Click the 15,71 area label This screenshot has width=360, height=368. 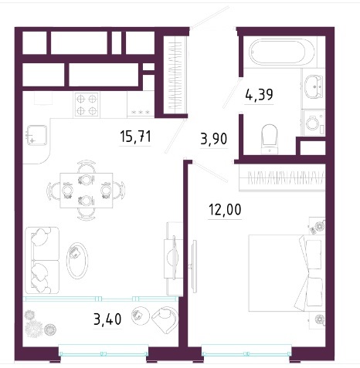(135, 137)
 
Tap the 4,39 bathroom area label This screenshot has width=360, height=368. (259, 95)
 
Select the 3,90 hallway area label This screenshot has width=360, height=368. (214, 139)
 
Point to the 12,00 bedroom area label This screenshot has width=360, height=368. (225, 209)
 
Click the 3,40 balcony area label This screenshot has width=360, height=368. (107, 319)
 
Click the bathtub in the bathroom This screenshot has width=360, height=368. (281, 51)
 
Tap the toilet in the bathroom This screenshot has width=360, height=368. (270, 139)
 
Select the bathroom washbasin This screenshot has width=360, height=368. (314, 86)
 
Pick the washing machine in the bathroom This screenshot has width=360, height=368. (314, 123)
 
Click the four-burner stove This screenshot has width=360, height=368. (87, 105)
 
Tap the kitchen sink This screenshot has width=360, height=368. (37, 135)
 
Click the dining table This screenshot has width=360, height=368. (87, 191)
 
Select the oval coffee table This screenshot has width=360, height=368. (77, 261)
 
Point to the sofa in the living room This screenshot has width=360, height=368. (42, 260)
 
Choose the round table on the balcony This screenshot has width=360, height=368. (140, 316)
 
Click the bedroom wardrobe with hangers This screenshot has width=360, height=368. (282, 178)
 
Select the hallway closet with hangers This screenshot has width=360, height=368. (175, 75)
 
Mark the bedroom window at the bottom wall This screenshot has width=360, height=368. (246, 353)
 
